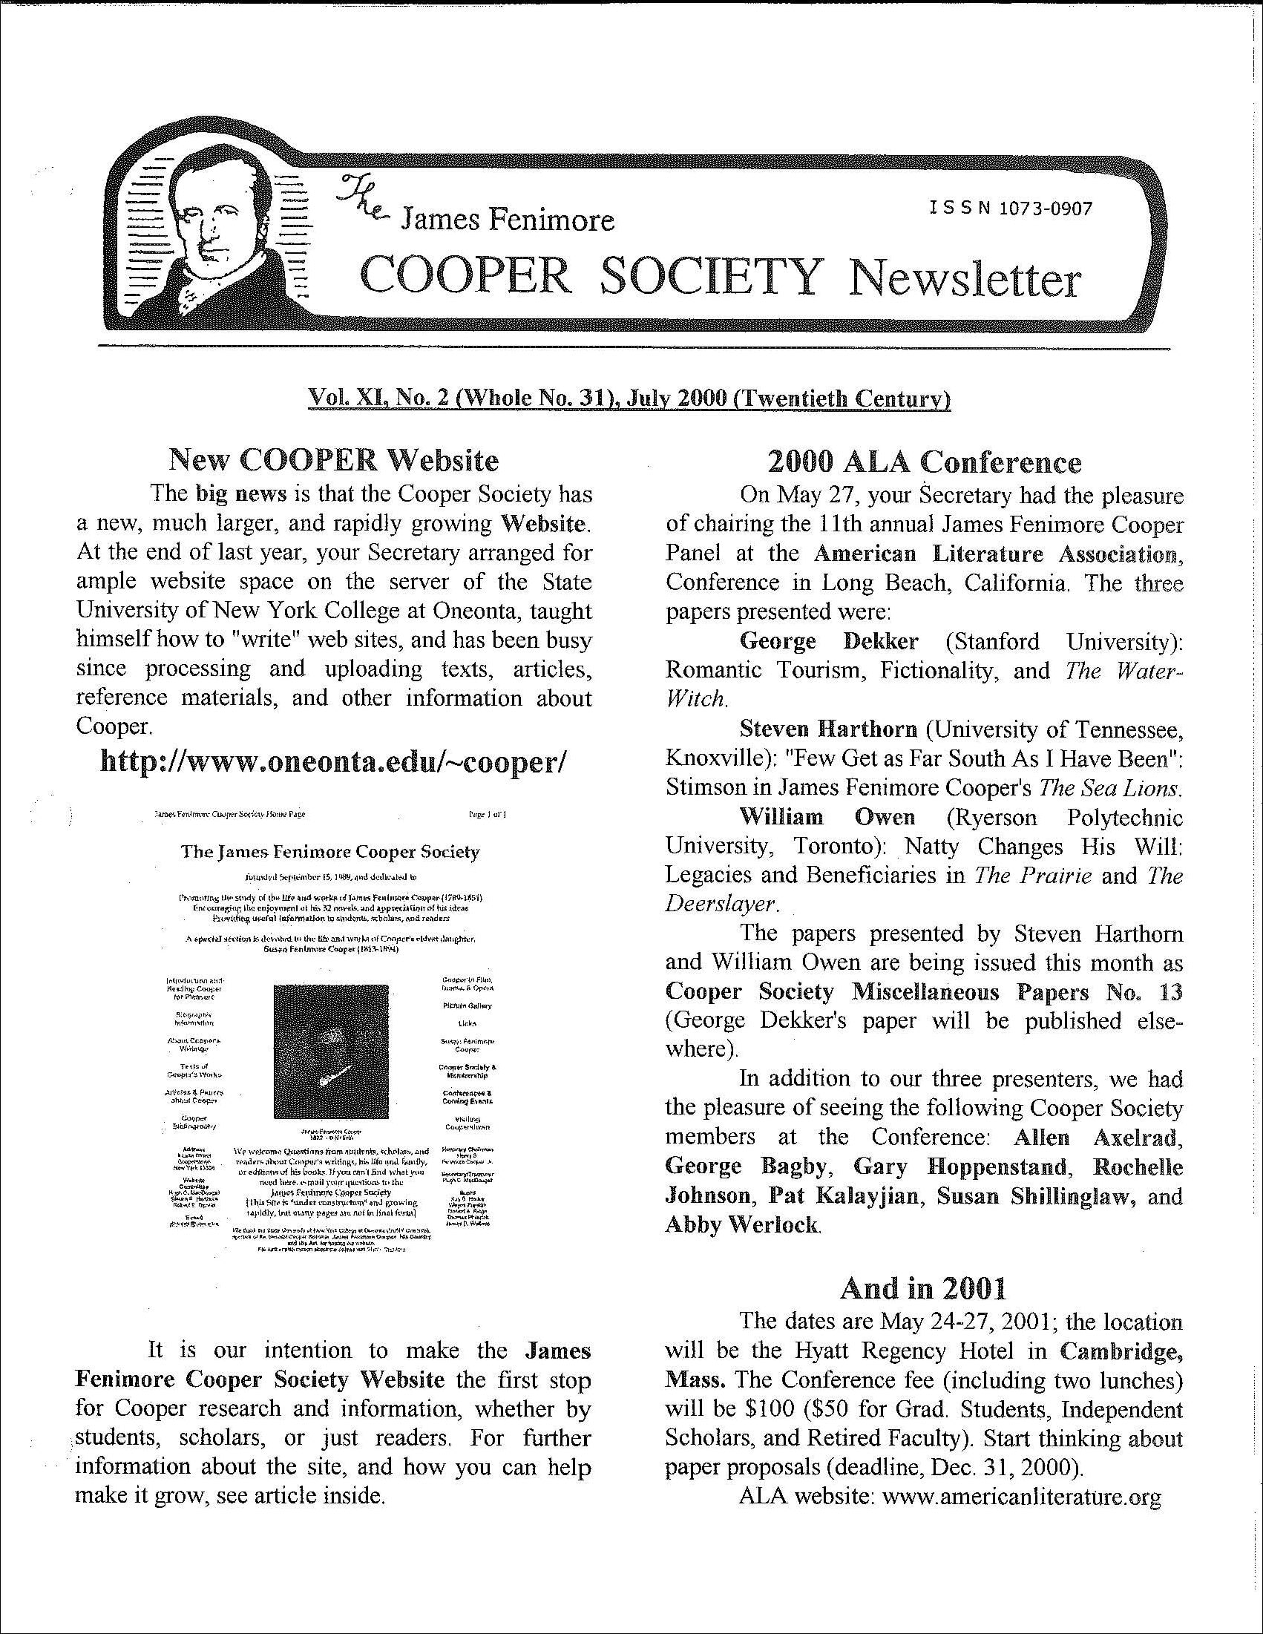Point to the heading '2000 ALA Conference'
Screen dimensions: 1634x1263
click(924, 462)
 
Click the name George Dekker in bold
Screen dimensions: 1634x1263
click(828, 641)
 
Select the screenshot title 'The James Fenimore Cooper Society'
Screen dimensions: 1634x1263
click(330, 852)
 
